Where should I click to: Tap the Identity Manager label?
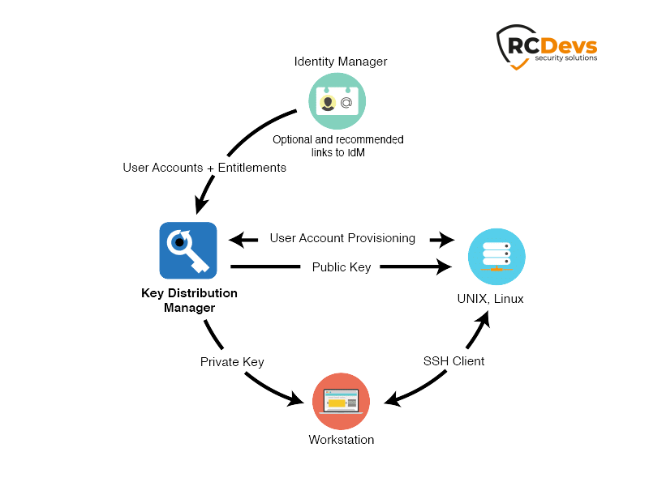pos(341,62)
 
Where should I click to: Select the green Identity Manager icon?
pos(337,101)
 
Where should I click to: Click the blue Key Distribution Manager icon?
pos(187,250)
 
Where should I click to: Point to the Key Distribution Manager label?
pos(189,300)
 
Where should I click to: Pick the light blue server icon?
pos(496,257)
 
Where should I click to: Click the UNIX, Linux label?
pos(490,299)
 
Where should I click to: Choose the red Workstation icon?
pos(341,402)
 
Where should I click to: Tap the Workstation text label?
pos(342,440)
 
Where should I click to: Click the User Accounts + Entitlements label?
pos(204,168)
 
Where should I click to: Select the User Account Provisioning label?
pos(342,238)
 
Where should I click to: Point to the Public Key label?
pos(342,266)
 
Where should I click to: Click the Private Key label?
pos(232,361)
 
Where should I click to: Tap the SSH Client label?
pos(453,361)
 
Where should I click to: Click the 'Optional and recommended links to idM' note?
pos(337,146)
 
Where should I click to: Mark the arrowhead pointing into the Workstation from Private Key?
pos(303,398)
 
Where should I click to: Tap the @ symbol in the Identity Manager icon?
pos(346,103)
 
